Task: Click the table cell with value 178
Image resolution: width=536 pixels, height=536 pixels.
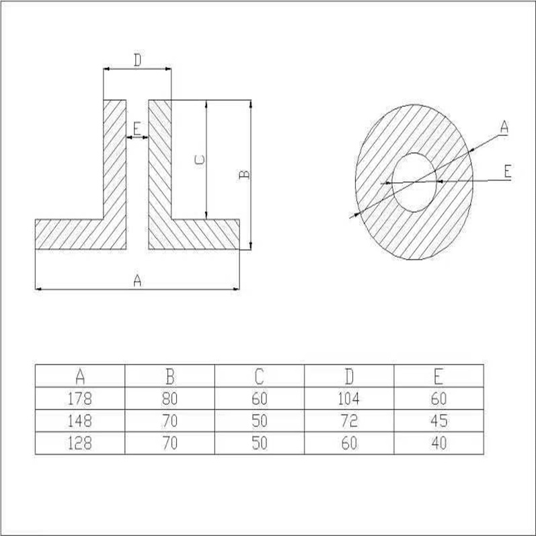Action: [x=80, y=399]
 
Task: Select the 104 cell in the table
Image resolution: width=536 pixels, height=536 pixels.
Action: [x=349, y=399]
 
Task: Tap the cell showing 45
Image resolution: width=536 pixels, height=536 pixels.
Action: [x=439, y=421]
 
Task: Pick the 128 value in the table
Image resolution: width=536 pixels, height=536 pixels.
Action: [x=80, y=443]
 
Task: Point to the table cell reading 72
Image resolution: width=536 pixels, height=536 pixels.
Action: [x=349, y=421]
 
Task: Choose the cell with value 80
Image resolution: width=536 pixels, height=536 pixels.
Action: [x=170, y=399]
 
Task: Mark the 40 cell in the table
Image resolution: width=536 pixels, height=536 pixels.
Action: [x=439, y=443]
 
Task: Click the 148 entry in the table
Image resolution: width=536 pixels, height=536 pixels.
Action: [x=80, y=421]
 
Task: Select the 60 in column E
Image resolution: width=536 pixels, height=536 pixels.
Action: [x=439, y=399]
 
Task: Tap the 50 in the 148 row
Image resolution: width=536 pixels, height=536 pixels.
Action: [x=260, y=421]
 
